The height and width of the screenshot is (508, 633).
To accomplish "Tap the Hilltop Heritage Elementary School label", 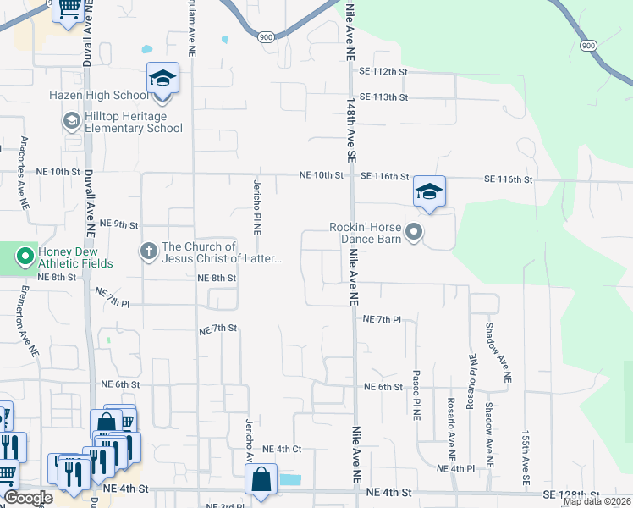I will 134,122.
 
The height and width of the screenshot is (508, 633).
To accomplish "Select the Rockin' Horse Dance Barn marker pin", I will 413,231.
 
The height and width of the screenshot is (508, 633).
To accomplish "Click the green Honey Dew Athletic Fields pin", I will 25,254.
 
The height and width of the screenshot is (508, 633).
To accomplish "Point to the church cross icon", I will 148,251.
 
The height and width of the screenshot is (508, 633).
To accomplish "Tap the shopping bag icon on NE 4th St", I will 261,478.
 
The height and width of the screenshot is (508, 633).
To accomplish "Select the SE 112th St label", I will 384,72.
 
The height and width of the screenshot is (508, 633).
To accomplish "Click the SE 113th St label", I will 384,97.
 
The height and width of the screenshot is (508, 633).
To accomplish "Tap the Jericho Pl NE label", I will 256,206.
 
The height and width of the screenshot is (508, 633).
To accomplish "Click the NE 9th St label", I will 118,224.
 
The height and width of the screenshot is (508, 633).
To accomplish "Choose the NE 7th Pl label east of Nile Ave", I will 381,319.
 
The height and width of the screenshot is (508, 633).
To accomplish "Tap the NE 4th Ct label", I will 282,449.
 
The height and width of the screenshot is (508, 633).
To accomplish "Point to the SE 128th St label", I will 571,494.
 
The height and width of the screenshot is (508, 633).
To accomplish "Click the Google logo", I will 28,498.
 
